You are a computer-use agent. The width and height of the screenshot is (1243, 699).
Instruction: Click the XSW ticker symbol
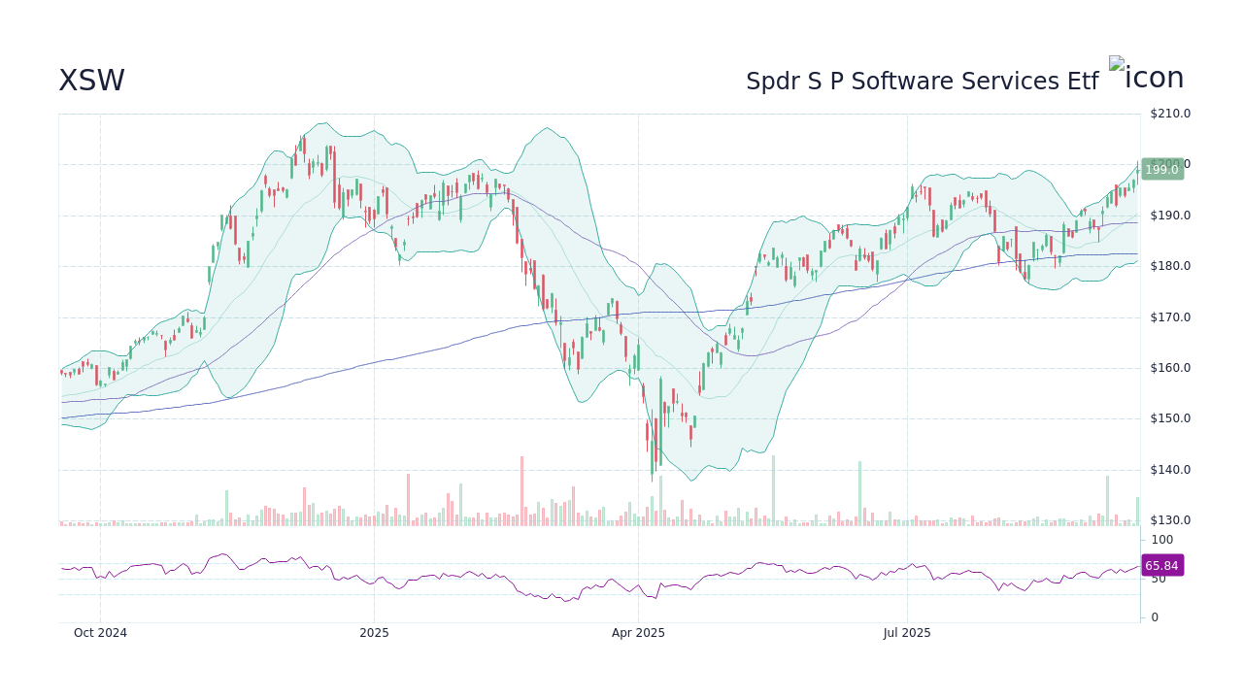coord(91,81)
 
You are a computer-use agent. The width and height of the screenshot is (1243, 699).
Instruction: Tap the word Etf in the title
coord(1083,82)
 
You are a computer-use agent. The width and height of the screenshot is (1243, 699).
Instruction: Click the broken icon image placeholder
coord(1117,64)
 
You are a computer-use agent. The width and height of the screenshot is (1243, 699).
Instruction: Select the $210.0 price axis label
coord(1169,114)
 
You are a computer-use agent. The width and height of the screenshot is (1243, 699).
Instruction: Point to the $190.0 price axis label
coord(1169,216)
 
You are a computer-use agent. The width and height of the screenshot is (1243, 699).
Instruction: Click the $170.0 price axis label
coord(1169,317)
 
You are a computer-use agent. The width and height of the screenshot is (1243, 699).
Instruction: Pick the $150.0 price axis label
coord(1169,418)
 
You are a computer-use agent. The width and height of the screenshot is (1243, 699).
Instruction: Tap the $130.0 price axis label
coord(1169,520)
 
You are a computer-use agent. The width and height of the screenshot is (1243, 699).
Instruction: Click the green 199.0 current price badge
coord(1161,170)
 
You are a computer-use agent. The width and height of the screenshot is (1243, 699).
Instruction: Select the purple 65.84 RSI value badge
coord(1161,566)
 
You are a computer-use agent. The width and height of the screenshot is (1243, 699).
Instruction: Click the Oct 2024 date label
coord(100,633)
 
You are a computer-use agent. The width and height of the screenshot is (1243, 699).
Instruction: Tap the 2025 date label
coord(374,633)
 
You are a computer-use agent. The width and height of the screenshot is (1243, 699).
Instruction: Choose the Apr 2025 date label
coord(638,633)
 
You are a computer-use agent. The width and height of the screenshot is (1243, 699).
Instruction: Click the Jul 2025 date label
coord(907,633)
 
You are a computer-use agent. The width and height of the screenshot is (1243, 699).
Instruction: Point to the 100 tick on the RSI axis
coord(1161,540)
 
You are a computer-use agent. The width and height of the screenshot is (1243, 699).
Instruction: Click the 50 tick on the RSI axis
coord(1158,579)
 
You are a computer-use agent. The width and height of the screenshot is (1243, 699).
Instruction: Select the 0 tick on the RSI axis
coord(1154,617)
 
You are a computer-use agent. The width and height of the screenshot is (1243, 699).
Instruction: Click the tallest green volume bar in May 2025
coord(773,491)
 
